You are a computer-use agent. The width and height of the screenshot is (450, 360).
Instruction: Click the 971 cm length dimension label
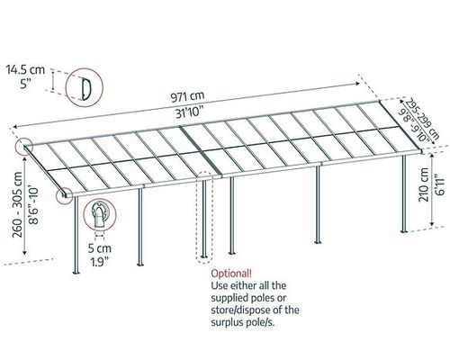coord(187,96)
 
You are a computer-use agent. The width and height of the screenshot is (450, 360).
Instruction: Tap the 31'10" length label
coord(189,113)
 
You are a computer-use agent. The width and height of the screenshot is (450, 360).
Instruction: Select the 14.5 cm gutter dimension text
coord(25,70)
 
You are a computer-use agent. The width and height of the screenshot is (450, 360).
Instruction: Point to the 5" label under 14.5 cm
coord(26,84)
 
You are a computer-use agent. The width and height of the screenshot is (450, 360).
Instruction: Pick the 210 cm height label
coord(424,184)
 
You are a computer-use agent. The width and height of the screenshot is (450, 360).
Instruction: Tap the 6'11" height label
coord(440,184)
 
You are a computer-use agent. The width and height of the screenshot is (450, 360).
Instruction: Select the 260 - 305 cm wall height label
coord(17,204)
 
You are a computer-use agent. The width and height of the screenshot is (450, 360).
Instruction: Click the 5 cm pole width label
coord(100,248)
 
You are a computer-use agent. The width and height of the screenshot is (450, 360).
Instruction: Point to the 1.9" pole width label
coord(100,262)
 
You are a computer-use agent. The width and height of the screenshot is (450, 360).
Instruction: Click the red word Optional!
coord(231,274)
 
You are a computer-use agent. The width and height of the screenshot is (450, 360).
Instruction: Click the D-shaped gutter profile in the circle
coord(85,89)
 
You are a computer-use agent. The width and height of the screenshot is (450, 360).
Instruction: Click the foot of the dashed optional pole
coord(204,256)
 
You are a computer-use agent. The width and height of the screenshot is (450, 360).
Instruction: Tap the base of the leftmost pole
coord(76,272)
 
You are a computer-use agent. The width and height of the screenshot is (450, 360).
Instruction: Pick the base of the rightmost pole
coord(404,231)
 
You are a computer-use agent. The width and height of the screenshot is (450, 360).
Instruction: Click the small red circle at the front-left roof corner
coord(65,195)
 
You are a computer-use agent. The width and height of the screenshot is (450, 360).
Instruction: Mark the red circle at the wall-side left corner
coord(24,147)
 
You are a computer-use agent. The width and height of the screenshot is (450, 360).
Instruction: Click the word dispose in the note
coord(252,310)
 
